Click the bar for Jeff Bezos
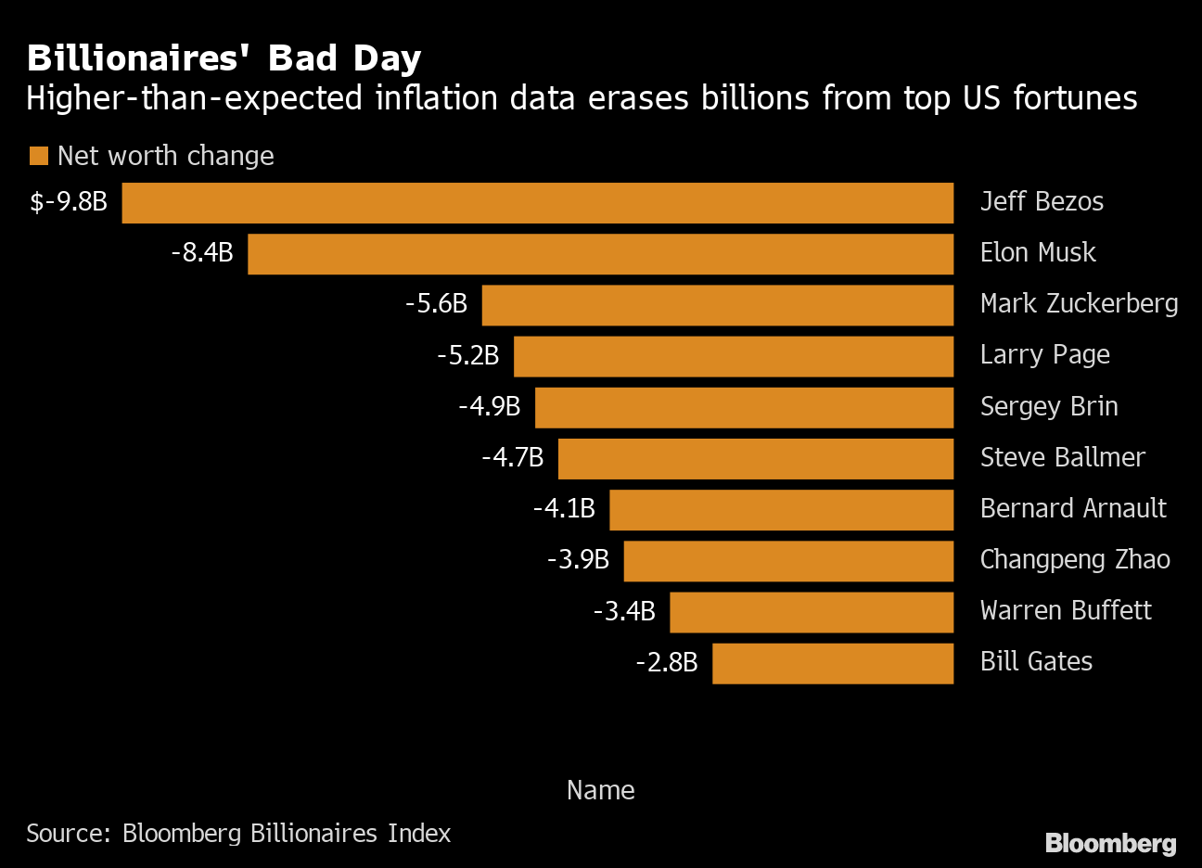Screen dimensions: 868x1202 (x=538, y=203)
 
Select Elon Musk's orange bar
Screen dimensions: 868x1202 (x=600, y=254)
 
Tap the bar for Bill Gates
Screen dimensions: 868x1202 (x=833, y=663)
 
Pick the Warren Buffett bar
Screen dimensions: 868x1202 (x=812, y=612)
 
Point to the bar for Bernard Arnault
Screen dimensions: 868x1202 (x=781, y=510)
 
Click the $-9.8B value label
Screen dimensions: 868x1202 (x=69, y=201)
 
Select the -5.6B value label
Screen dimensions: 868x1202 (x=436, y=303)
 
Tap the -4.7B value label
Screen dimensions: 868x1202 (x=512, y=457)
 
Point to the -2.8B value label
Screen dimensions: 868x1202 (x=666, y=662)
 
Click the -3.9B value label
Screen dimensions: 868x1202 (x=578, y=559)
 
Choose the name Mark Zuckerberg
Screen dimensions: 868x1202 (x=1079, y=303)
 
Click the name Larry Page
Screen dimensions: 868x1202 (x=1044, y=355)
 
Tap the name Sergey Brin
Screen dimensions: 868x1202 (x=1049, y=406)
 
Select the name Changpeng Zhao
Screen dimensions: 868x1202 (x=1075, y=559)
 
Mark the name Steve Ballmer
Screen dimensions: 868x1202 (x=1062, y=457)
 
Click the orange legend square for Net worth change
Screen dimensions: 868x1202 (x=38, y=156)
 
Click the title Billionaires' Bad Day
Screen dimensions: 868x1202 (x=224, y=58)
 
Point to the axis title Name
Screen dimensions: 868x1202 (x=600, y=790)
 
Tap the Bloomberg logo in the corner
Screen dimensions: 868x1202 (x=1110, y=843)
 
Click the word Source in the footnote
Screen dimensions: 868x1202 (x=67, y=834)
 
